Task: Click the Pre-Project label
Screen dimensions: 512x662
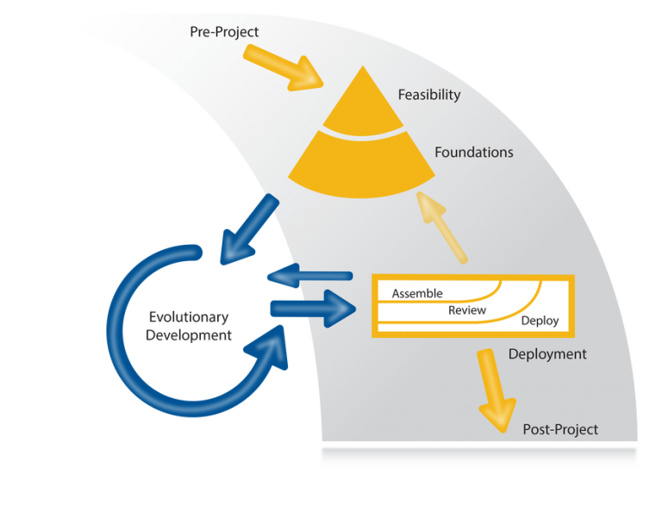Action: [x=224, y=32]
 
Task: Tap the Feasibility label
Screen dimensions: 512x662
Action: [x=428, y=95]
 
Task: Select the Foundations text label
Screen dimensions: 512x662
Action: [x=473, y=153]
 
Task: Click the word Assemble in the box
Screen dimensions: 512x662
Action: [x=417, y=294]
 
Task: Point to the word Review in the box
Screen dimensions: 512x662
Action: [x=467, y=310]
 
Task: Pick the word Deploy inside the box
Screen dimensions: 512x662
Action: [x=540, y=321]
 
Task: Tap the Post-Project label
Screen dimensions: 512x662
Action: [x=560, y=429]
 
